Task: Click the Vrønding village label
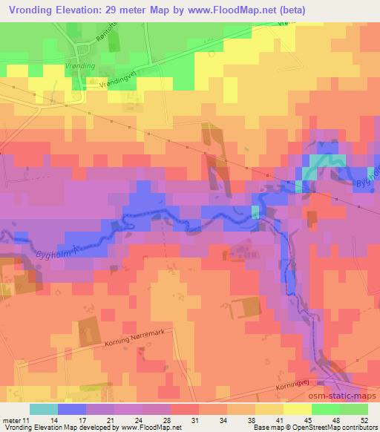79,68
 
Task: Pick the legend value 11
27,420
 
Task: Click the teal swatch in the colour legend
44,409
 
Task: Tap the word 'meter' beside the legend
12,420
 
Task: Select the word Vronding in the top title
32,9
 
